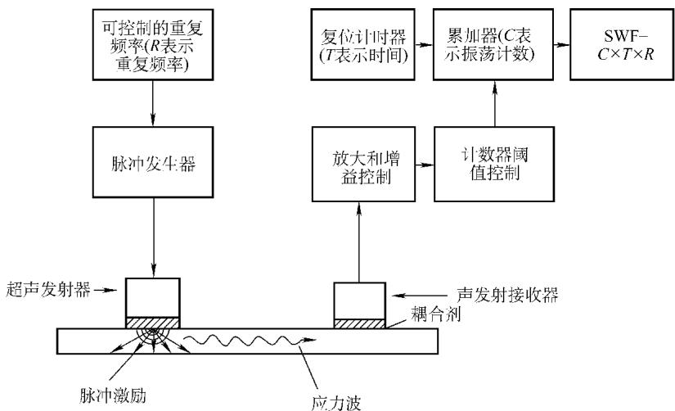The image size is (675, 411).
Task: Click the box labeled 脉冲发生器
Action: [153, 162]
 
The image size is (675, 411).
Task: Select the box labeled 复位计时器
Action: [363, 44]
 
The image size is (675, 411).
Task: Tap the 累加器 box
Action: [493, 44]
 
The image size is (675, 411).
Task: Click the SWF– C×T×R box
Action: [622, 44]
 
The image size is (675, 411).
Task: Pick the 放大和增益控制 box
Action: [364, 164]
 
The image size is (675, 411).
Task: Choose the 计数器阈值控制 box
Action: [494, 164]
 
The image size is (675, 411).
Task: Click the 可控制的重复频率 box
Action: [153, 44]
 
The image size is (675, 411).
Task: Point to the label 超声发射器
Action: [48, 290]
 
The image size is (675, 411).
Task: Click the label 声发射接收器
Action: [507, 295]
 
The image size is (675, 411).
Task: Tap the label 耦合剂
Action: [435, 314]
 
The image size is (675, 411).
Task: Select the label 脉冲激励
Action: [113, 395]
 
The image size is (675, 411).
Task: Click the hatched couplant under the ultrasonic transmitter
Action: [153, 323]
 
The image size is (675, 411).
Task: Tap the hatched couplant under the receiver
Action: [359, 323]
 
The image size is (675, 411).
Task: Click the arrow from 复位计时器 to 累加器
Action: [424, 44]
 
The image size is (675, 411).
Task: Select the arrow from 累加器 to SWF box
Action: [562, 44]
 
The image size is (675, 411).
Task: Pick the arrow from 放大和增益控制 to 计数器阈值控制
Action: [425, 165]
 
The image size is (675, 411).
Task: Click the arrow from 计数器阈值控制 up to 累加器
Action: [495, 103]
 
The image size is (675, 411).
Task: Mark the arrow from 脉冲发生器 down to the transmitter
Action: [153, 237]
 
